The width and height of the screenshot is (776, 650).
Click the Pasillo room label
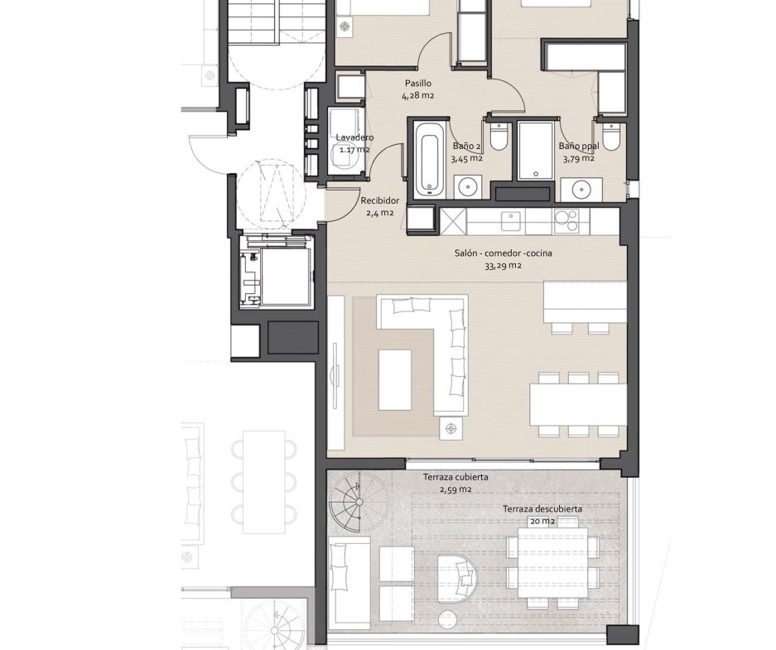pyautogui.click(x=417, y=83)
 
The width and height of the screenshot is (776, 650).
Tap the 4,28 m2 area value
pyautogui.click(x=417, y=95)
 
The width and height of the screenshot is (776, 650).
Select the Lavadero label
pyautogui.click(x=354, y=137)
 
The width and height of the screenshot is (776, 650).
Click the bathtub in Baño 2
pyautogui.click(x=427, y=160)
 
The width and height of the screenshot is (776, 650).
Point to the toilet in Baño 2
pyautogui.click(x=499, y=137)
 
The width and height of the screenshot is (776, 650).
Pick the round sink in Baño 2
pyautogui.click(x=467, y=187)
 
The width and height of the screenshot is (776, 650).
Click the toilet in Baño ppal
pyautogui.click(x=612, y=137)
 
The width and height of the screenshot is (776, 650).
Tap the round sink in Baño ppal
pyautogui.click(x=580, y=189)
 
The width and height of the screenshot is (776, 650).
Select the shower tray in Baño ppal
pyautogui.click(x=535, y=151)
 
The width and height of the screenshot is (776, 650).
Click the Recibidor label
pyautogui.click(x=379, y=201)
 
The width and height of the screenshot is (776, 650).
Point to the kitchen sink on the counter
pyautogui.click(x=510, y=221)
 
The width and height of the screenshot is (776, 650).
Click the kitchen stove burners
pyautogui.click(x=566, y=220)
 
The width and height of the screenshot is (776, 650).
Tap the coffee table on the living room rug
pyautogui.click(x=394, y=379)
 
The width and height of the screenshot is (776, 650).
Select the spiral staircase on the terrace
pyautogui.click(x=358, y=502)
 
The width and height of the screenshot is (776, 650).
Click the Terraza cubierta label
pyautogui.click(x=455, y=478)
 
